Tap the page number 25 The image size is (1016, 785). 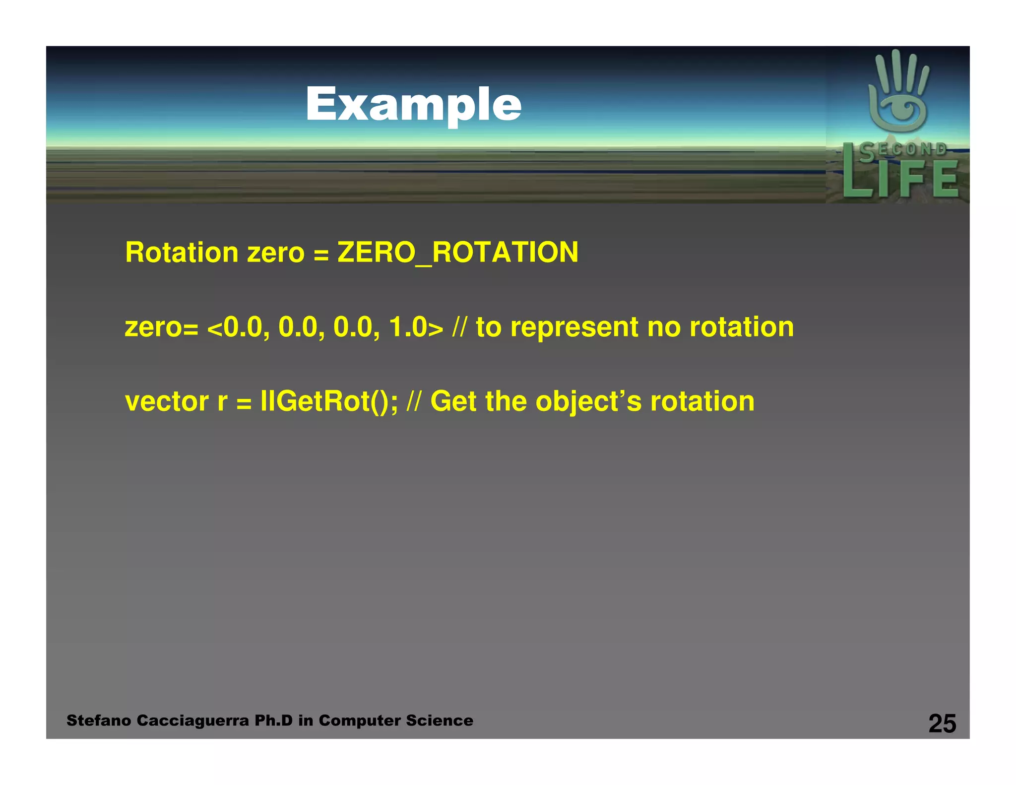(942, 723)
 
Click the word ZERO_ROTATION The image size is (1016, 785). (457, 252)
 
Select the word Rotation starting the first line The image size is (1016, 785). (182, 252)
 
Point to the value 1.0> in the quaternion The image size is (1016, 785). (416, 327)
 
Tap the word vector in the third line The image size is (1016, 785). (167, 401)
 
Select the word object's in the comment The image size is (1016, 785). (588, 402)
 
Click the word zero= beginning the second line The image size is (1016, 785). (161, 328)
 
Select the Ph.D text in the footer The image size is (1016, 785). (273, 720)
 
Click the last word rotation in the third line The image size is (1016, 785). (702, 401)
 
